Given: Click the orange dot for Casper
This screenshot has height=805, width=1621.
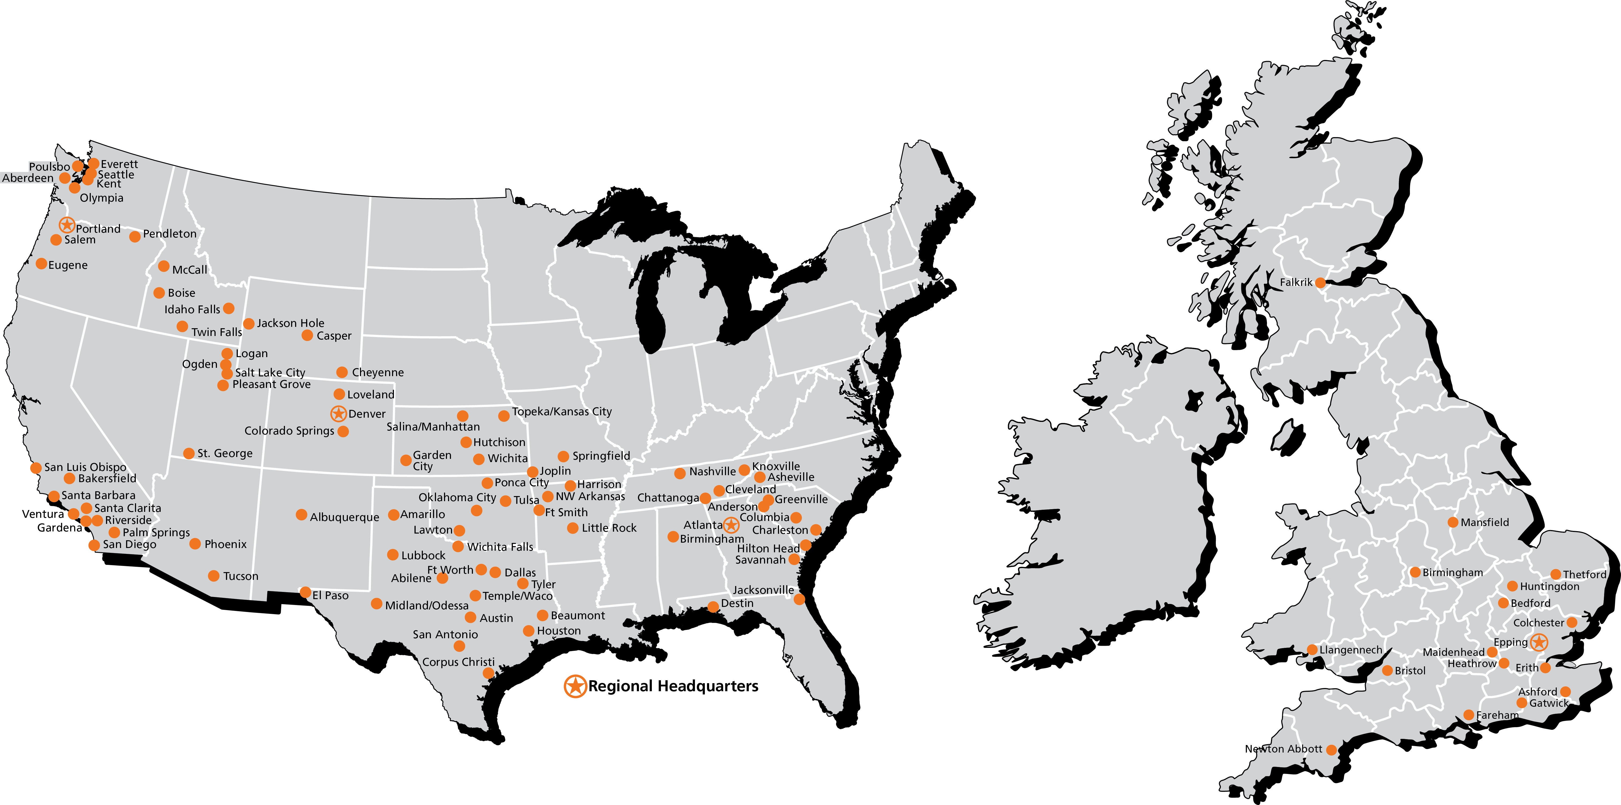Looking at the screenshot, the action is point(307,335).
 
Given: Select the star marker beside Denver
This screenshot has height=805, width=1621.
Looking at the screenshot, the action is point(339,413).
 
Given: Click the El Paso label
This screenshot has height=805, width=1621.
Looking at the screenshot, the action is point(330,595).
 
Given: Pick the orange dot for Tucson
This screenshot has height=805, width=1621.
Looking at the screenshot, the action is point(214,576).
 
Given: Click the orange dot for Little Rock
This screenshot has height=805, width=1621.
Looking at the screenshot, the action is point(573,528).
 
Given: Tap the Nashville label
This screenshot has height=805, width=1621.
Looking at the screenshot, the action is point(712,471).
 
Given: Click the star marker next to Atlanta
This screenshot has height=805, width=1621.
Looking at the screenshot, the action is point(731,524).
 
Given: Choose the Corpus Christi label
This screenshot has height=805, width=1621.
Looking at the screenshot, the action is point(458,662).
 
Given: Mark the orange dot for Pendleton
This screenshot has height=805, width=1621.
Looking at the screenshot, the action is point(135,236).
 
